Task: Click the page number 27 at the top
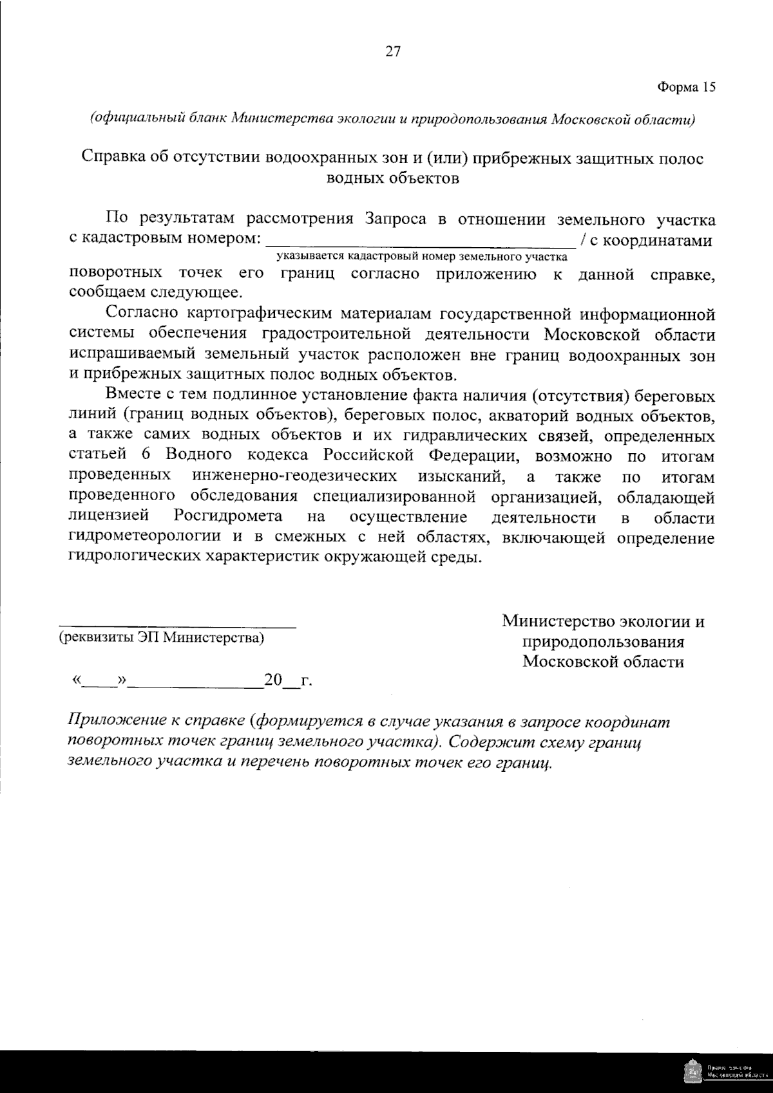[393, 52]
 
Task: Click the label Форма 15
[686, 87]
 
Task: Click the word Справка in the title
[113, 158]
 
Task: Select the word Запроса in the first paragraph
[396, 220]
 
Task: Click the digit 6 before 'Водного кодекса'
[146, 456]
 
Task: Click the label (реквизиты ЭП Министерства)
[161, 638]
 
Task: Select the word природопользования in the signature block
[603, 642]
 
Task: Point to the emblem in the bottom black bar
[692, 1072]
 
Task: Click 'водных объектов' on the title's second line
[393, 178]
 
